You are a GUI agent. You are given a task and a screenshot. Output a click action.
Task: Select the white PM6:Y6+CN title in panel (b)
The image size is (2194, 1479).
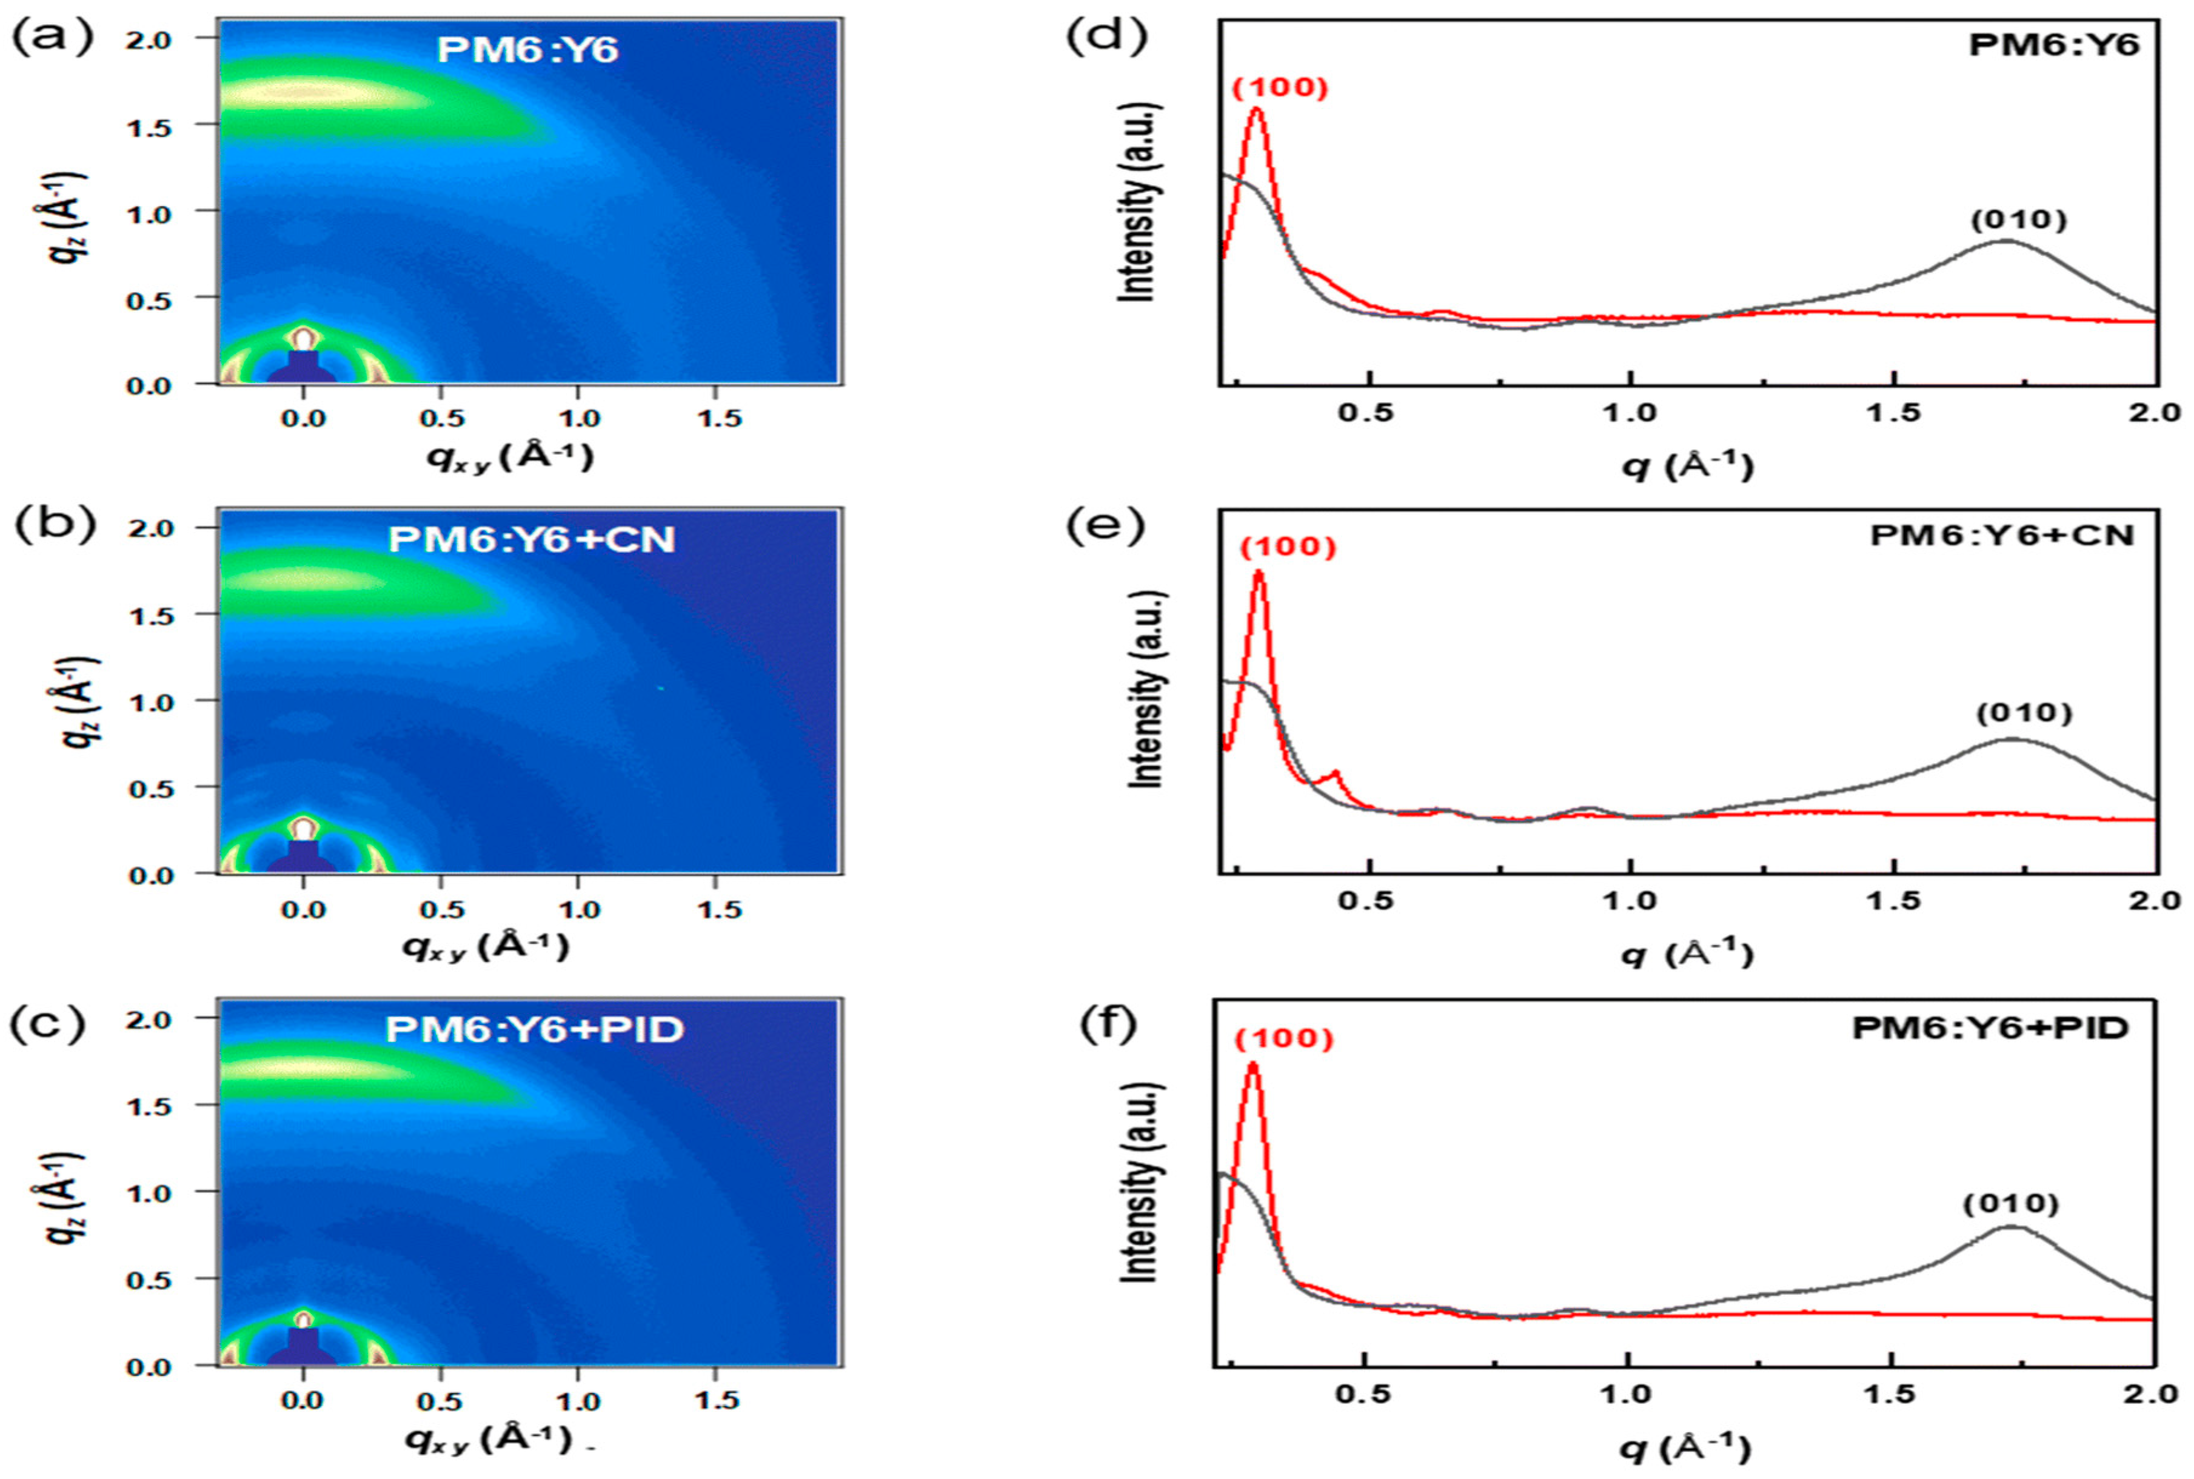click(532, 539)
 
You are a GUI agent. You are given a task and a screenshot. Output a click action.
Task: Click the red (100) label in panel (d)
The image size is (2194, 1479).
click(1280, 88)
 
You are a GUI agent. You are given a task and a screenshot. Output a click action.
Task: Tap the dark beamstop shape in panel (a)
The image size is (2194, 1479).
click(303, 368)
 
